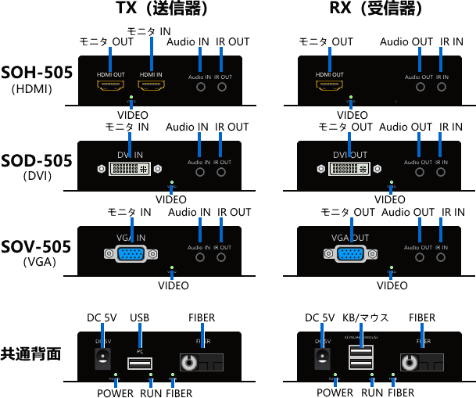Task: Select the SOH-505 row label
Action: [37, 73]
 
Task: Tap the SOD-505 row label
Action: [37, 160]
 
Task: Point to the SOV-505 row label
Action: [37, 247]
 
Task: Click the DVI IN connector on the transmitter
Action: [130, 168]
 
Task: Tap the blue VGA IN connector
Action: [130, 253]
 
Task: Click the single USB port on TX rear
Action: [140, 363]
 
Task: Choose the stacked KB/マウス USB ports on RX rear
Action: [361, 358]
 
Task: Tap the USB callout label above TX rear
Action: [139, 318]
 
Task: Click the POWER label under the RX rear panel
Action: [335, 393]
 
